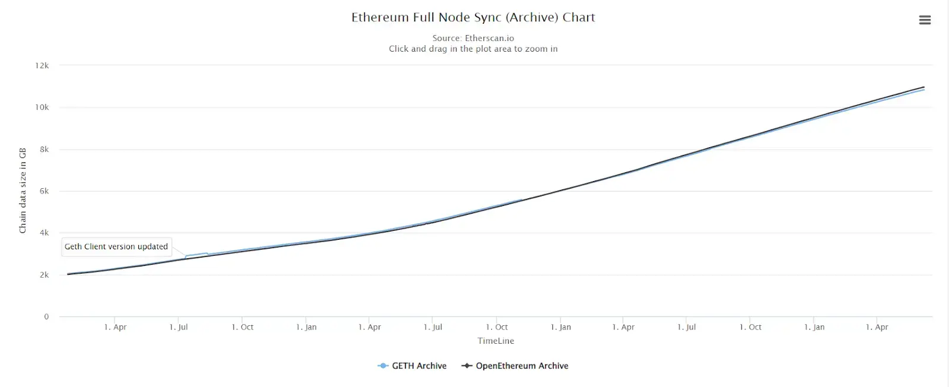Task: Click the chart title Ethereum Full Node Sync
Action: click(x=473, y=17)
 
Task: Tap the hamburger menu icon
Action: click(x=925, y=20)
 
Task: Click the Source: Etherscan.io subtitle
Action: click(x=473, y=38)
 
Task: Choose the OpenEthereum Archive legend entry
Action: click(x=515, y=366)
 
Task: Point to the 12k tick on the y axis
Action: click(x=42, y=66)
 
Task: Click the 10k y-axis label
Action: click(x=42, y=107)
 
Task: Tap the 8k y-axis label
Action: click(x=44, y=150)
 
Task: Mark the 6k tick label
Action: click(x=44, y=191)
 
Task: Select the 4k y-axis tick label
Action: click(x=44, y=233)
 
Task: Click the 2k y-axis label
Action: click(x=44, y=275)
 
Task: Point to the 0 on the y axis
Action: click(x=46, y=316)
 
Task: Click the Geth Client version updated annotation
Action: click(x=116, y=246)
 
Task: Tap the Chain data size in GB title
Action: click(x=23, y=190)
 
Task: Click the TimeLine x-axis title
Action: click(x=496, y=341)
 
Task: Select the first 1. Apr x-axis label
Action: click(x=116, y=327)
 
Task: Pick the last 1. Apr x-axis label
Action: click(x=877, y=327)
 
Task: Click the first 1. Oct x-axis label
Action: click(x=243, y=327)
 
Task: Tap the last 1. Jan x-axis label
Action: click(x=814, y=327)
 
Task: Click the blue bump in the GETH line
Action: click(x=197, y=255)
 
